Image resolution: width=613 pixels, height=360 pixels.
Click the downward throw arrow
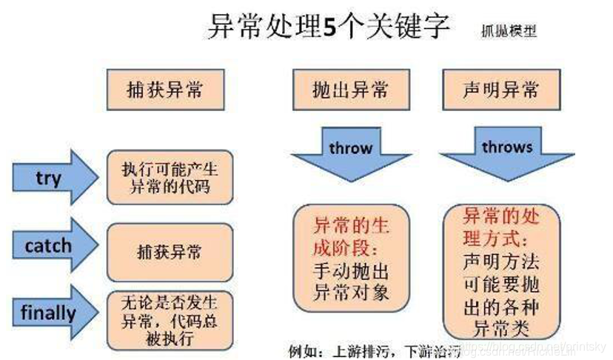tap(350, 153)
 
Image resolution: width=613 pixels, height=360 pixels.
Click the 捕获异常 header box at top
tap(165, 90)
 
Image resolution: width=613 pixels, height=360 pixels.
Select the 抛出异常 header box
tap(350, 90)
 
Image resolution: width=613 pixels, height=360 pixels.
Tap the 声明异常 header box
tap(501, 90)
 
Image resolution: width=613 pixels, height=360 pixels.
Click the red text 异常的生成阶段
tap(351, 235)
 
